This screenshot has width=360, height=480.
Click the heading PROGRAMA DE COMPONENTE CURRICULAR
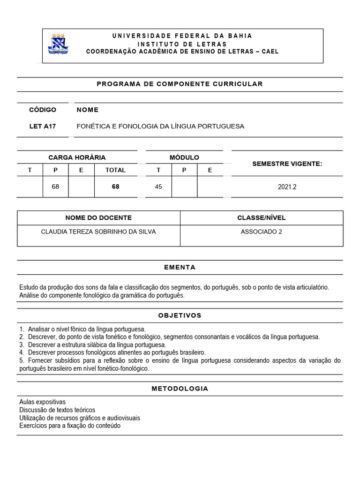pyautogui.click(x=180, y=84)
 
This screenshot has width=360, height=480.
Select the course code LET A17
pyautogui.click(x=43, y=127)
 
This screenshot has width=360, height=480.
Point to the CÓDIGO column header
pyautogui.click(x=43, y=110)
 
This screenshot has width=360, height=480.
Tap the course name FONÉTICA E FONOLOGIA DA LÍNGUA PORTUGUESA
pyautogui.click(x=160, y=127)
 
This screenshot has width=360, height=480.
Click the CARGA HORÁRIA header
pyautogui.click(x=77, y=157)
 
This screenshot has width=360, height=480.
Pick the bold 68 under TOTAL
pyautogui.click(x=115, y=187)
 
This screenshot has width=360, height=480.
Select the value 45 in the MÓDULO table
pyautogui.click(x=158, y=187)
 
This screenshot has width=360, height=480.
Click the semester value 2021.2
pyautogui.click(x=287, y=187)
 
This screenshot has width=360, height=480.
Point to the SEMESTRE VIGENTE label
pyautogui.click(x=287, y=164)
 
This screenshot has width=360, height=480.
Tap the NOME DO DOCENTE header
pyautogui.click(x=98, y=218)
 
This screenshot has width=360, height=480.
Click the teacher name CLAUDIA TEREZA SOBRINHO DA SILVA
pyautogui.click(x=98, y=232)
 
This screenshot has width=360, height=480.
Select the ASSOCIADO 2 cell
pyautogui.click(x=262, y=232)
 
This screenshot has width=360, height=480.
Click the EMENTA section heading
pyautogui.click(x=180, y=268)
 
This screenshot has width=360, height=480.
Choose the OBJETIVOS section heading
pyautogui.click(x=180, y=315)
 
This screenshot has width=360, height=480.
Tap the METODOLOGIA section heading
pyautogui.click(x=180, y=389)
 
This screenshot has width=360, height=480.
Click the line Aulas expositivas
pyautogui.click(x=43, y=402)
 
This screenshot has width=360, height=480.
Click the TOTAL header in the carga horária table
pyautogui.click(x=115, y=170)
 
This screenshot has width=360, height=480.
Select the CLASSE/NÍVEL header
pyautogui.click(x=262, y=218)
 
